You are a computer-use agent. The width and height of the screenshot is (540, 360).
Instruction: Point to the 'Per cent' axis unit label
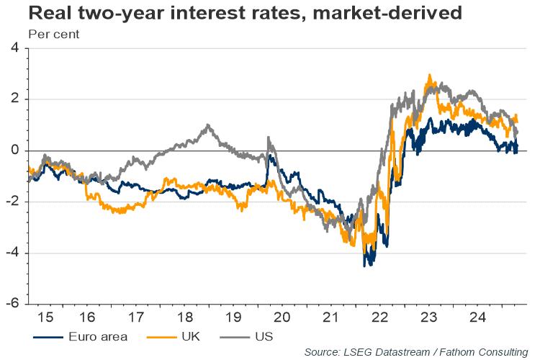(x=53, y=33)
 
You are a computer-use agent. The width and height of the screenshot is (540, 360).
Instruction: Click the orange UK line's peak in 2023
(x=430, y=75)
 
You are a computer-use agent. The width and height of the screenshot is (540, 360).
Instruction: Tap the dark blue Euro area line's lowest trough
(x=365, y=266)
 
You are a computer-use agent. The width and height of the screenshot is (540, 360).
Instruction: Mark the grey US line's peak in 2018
(x=207, y=125)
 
